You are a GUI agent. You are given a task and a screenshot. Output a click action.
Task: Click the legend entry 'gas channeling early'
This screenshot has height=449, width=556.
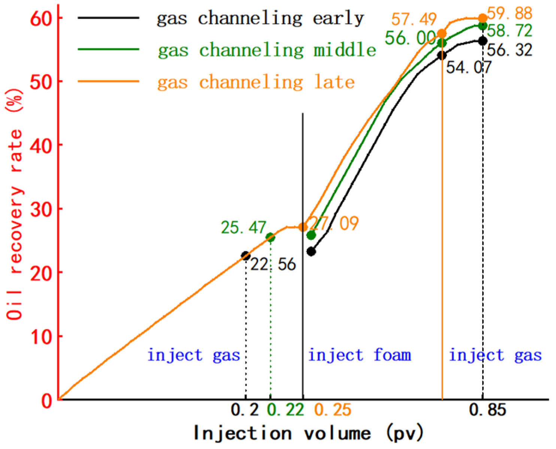point(260,18)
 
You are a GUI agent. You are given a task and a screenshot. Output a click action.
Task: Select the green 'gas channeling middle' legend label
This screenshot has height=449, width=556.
point(267,50)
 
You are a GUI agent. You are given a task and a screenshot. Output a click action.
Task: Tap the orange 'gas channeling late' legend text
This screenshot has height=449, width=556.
point(256,82)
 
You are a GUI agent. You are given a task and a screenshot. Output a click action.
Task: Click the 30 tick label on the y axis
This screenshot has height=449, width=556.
point(41,209)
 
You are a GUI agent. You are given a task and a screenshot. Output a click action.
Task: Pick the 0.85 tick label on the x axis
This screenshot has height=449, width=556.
point(487,410)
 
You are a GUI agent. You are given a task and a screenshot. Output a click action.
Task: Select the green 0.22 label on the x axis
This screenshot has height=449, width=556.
point(285,410)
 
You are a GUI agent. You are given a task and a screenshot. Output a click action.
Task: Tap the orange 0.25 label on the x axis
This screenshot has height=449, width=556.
point(333,410)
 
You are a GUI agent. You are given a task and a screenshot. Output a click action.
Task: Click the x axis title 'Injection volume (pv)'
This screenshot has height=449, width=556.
point(308,433)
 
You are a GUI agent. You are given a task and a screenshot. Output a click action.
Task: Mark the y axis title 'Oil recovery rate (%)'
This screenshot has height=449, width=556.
point(15,204)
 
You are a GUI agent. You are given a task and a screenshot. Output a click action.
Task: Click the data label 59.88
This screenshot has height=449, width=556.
point(510,13)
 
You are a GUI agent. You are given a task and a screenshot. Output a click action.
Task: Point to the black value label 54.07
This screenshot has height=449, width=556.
point(469,67)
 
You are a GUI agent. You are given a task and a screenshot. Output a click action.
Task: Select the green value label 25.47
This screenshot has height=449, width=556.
point(243,228)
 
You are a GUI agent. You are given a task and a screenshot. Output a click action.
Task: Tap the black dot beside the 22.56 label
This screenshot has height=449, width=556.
point(246,256)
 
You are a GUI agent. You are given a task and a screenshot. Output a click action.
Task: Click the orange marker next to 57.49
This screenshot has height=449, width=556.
point(442,34)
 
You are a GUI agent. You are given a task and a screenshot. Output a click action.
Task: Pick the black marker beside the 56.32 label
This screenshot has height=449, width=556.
point(483,41)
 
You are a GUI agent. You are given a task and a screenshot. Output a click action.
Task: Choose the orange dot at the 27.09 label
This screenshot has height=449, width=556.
point(303,227)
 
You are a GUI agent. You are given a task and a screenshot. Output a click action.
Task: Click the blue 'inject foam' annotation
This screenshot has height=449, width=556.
point(359,355)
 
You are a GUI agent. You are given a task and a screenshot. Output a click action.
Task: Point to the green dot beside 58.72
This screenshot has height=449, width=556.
point(483,25)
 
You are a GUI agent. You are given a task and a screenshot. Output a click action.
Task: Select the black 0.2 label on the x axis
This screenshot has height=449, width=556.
point(244,410)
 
